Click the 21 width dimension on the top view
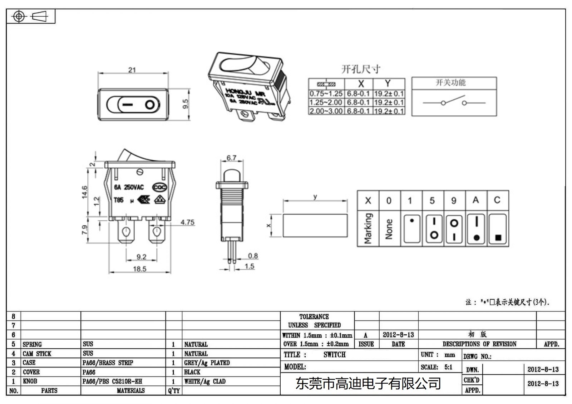tap(132, 70)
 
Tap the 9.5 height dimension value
tap(185, 104)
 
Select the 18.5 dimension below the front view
tap(139, 269)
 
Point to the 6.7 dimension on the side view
tap(231, 158)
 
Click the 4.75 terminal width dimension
tap(187, 222)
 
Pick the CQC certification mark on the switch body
tap(159, 187)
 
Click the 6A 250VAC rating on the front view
tap(129, 187)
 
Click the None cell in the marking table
tap(389, 229)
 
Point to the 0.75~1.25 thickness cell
tap(326, 94)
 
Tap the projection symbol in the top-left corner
tap(30, 16)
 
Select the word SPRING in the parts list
tap(32, 344)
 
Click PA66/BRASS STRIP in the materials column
tap(108, 363)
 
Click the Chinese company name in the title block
tap(368, 384)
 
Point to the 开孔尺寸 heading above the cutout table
tap(361, 69)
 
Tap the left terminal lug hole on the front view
tap(126, 232)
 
